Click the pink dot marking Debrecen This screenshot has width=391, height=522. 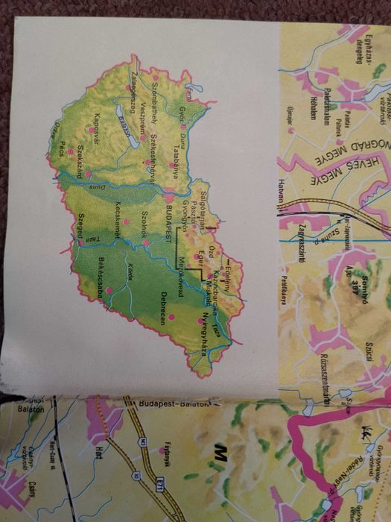click(x=172, y=317)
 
